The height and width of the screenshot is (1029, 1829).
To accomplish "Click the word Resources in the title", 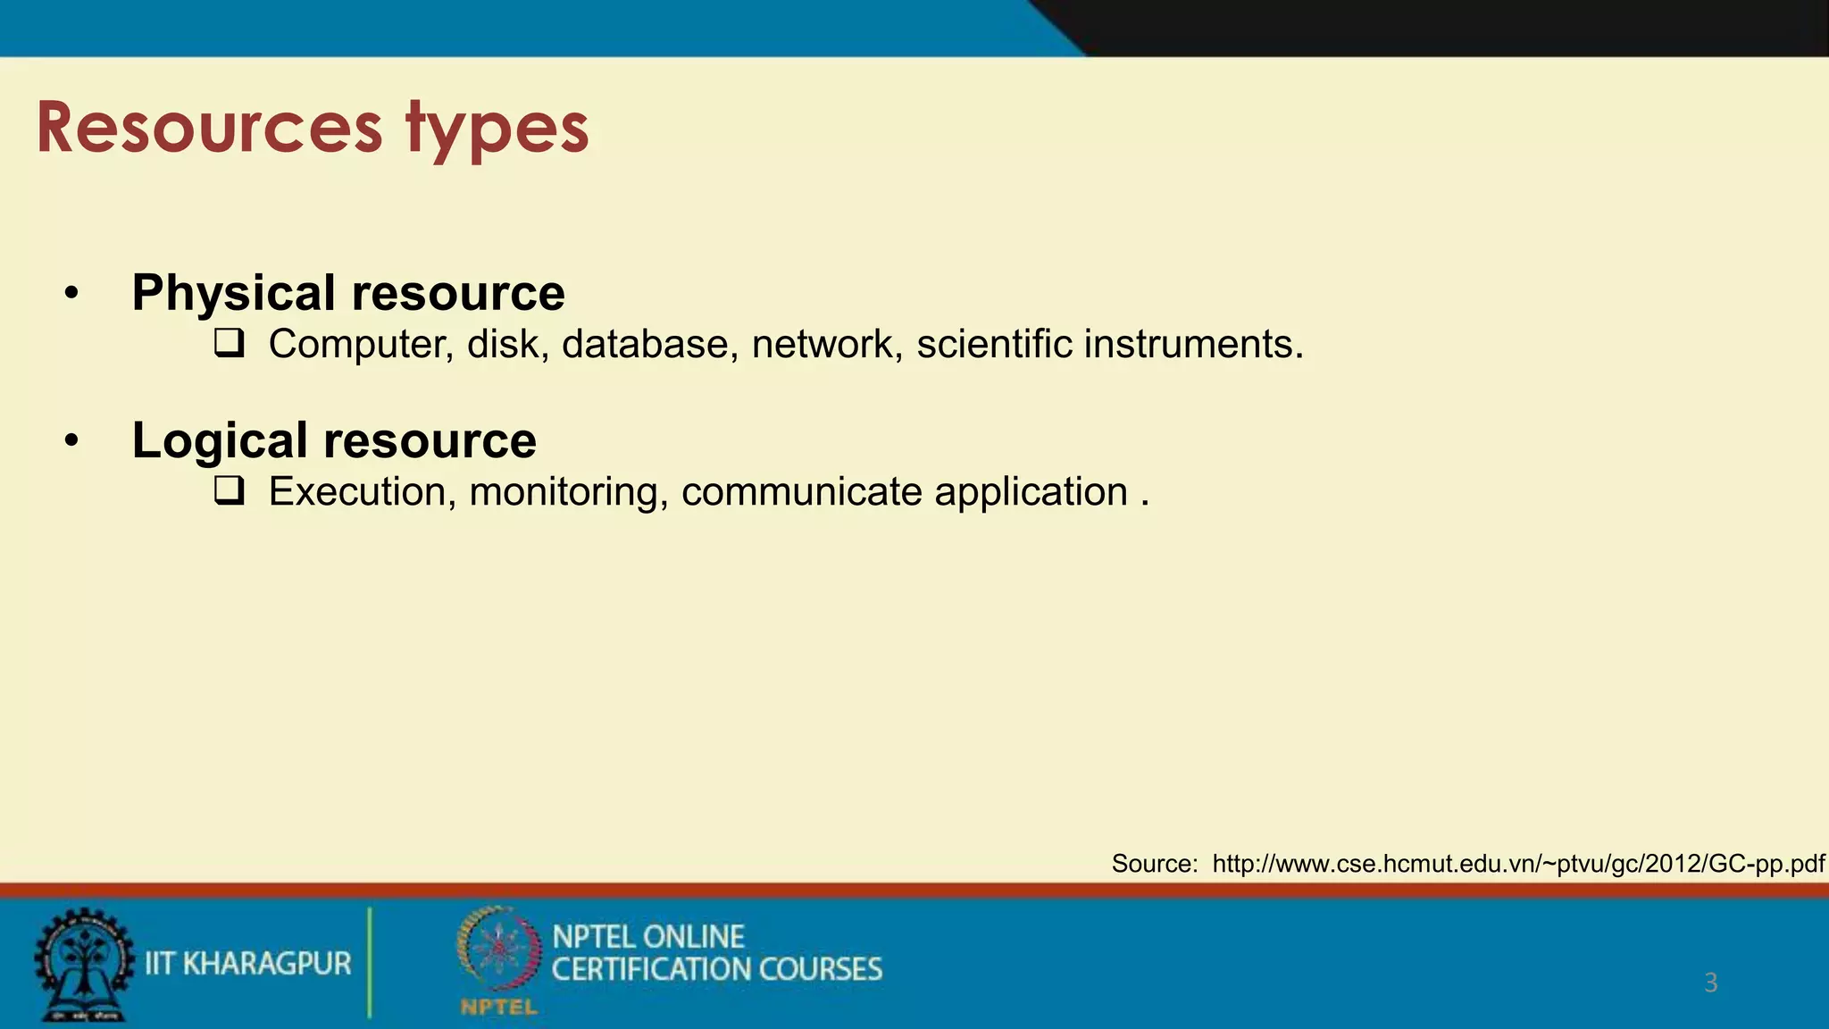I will click(209, 128).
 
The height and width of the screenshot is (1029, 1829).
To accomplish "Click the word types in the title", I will click(497, 130).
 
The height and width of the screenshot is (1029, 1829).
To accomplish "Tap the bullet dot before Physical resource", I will click(72, 293).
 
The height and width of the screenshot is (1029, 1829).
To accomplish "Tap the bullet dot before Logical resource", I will click(72, 440).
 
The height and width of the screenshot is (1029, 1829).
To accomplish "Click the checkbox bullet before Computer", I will click(230, 344).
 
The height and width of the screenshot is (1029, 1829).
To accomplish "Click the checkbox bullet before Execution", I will click(230, 491).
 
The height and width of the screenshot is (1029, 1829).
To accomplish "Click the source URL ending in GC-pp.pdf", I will click(1518, 864).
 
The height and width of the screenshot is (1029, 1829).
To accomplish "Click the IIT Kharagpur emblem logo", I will click(82, 965).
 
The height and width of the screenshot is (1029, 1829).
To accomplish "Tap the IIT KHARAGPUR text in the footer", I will click(247, 964).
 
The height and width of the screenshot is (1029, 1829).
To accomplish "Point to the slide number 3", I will click(1710, 983).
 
